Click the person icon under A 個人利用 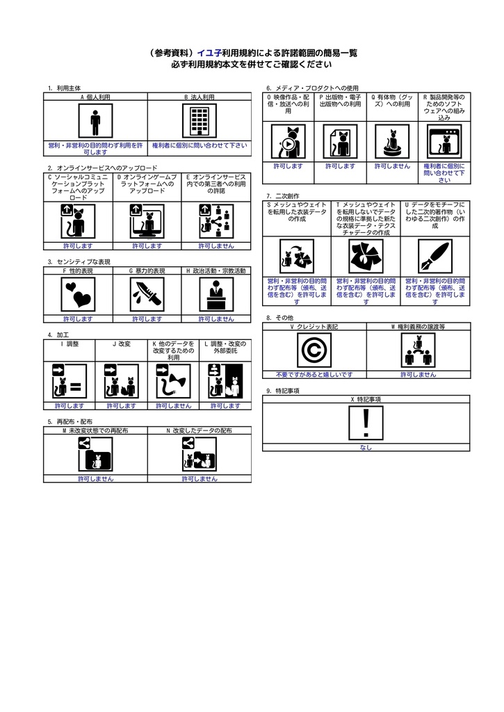point(95,121)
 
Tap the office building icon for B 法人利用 point(200,121)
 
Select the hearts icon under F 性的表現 point(78,295)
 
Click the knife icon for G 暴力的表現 point(147,295)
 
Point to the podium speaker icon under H point(217,295)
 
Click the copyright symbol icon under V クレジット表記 point(314,350)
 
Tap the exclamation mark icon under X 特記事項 point(366,423)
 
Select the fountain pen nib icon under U point(435,257)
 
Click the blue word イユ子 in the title point(209,53)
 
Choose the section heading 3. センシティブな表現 point(79,262)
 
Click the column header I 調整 point(70,344)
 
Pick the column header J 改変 point(121,344)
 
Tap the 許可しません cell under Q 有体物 point(392,166)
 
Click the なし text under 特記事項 point(366,447)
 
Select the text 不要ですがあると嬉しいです point(314,375)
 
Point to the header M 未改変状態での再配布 point(95,430)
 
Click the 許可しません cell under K point(174,406)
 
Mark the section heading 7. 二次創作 point(283,196)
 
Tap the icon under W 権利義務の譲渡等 point(418,350)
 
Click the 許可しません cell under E point(216,246)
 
